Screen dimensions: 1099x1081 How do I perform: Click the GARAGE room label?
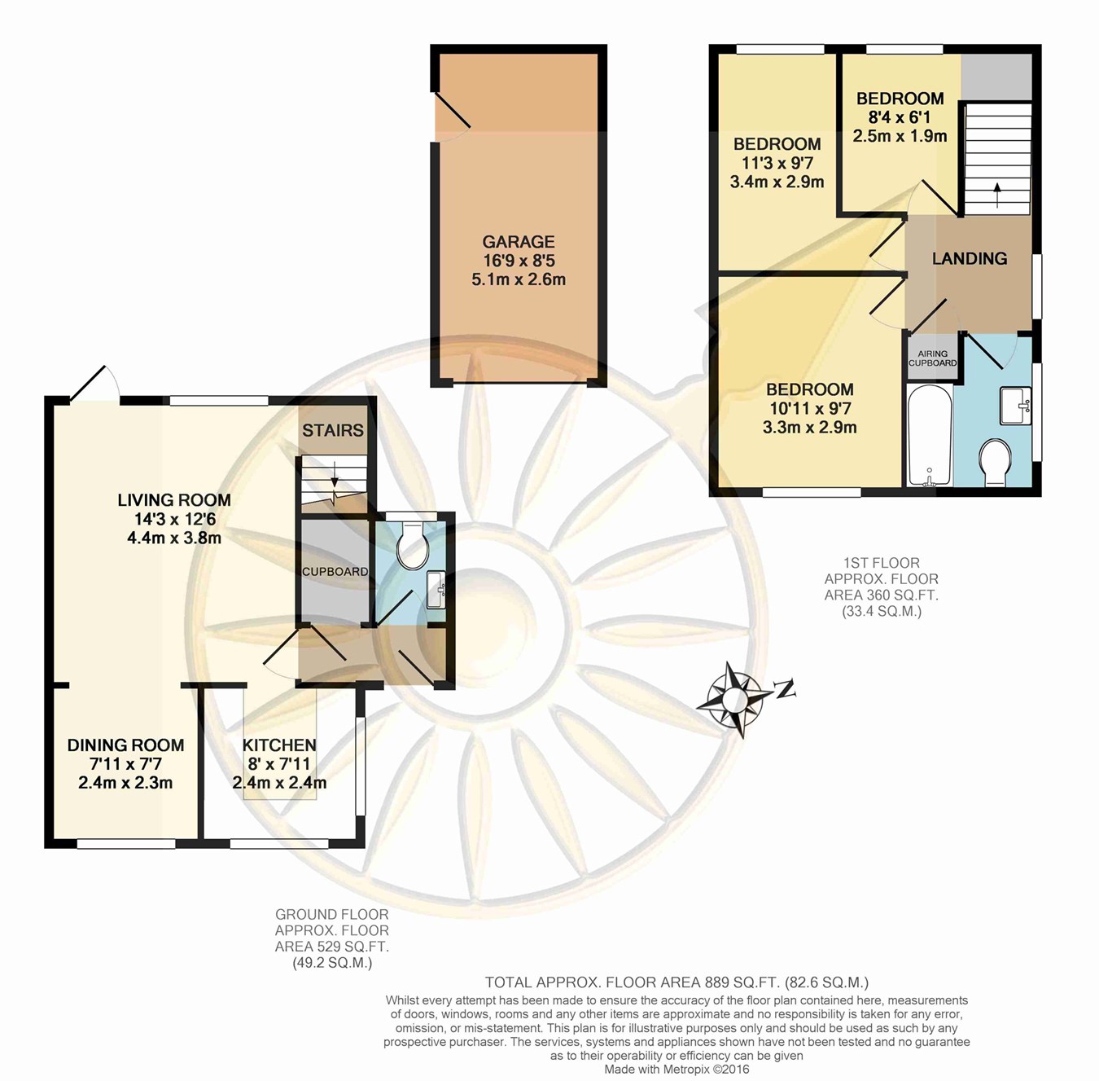(518, 241)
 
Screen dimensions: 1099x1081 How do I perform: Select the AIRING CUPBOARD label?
(932, 358)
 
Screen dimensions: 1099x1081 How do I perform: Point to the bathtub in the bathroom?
(929, 436)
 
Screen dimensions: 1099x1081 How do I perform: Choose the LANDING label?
(970, 258)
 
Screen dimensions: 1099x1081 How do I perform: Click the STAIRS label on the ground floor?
(332, 430)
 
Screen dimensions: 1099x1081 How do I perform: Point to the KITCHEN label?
(279, 745)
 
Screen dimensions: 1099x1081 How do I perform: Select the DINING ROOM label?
(125, 745)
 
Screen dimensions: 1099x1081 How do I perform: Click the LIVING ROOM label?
(174, 500)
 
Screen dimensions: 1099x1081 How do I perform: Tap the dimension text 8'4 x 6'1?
(900, 117)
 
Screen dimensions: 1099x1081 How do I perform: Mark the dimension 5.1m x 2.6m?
(519, 279)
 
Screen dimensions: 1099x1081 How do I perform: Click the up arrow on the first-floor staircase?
(997, 195)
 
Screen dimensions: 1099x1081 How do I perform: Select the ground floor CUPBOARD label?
(335, 571)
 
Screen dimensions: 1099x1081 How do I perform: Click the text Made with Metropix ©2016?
(677, 1069)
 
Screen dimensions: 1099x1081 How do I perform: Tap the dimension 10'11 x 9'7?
(809, 409)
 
